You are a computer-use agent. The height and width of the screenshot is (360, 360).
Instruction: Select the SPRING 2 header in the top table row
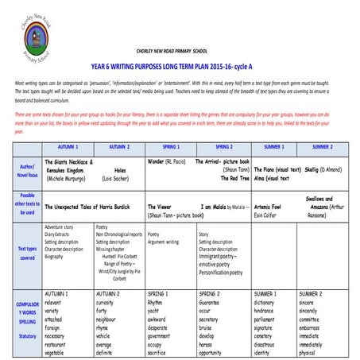223,147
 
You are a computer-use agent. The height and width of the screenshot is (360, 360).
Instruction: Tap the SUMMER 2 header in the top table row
322,147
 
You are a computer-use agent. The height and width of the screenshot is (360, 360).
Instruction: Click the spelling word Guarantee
211,303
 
